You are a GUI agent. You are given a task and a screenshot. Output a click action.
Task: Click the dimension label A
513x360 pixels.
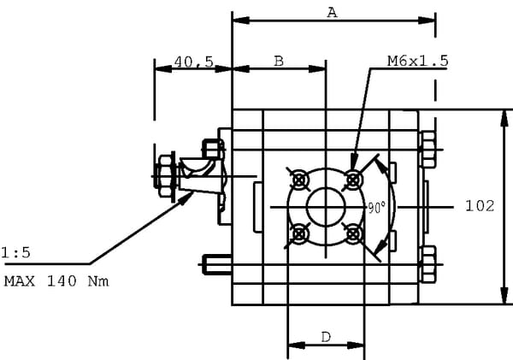(x=333, y=11)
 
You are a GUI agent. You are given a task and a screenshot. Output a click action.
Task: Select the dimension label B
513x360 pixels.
(x=279, y=61)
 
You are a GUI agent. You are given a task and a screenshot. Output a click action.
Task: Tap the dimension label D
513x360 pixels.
(x=326, y=337)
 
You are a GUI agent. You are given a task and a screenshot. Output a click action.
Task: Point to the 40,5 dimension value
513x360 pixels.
(x=193, y=62)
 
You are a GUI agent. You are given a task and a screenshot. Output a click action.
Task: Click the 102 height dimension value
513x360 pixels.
(x=480, y=205)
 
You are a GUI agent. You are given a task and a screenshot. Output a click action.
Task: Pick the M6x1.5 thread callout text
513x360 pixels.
(x=417, y=61)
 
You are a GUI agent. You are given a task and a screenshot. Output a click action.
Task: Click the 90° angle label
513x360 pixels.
(x=375, y=208)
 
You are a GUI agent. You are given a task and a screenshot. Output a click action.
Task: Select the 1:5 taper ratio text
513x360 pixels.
(x=15, y=252)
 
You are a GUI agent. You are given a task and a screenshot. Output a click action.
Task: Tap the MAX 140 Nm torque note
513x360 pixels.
(x=56, y=280)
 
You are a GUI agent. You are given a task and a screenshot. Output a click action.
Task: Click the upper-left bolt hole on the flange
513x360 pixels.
(x=299, y=180)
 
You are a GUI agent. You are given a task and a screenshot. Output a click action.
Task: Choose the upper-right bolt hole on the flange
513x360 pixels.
(x=352, y=180)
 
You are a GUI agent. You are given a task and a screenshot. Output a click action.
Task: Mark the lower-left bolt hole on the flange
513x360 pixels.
(x=299, y=233)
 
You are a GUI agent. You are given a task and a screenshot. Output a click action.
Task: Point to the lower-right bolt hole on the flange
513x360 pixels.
(x=352, y=233)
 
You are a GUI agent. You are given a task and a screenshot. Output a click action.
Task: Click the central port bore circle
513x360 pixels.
(x=326, y=207)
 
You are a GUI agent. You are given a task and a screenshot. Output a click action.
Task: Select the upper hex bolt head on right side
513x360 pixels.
(x=427, y=149)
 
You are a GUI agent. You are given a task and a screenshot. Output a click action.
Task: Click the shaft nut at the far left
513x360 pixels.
(x=167, y=175)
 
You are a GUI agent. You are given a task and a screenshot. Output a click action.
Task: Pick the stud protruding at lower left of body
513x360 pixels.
(x=215, y=265)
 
